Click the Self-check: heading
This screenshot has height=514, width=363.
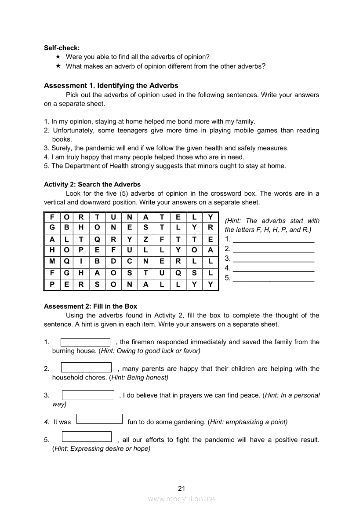pyautogui.click(x=62, y=48)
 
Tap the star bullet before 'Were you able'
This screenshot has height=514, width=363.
pyautogui.click(x=58, y=57)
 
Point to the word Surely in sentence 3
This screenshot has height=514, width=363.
pyautogui.click(x=61, y=148)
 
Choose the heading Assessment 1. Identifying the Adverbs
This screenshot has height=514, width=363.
pyautogui.click(x=111, y=85)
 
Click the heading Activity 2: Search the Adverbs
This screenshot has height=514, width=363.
pyautogui.click(x=92, y=184)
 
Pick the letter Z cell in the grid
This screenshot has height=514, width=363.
pyautogui.click(x=145, y=239)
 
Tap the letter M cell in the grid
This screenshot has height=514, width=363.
pyautogui.click(x=52, y=261)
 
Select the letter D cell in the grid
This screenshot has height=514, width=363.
pyautogui.click(x=113, y=261)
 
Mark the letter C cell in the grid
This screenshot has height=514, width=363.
pyautogui.click(x=130, y=261)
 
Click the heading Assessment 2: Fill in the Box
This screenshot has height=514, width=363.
pyautogui.click(x=91, y=306)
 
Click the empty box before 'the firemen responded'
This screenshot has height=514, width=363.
pyautogui.click(x=85, y=342)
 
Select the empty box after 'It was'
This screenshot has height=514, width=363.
pyautogui.click(x=99, y=419)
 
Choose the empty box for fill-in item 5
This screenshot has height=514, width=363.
pyautogui.click(x=87, y=437)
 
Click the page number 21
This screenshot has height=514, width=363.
pyautogui.click(x=182, y=488)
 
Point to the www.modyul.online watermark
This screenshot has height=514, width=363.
pyautogui.click(x=181, y=499)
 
